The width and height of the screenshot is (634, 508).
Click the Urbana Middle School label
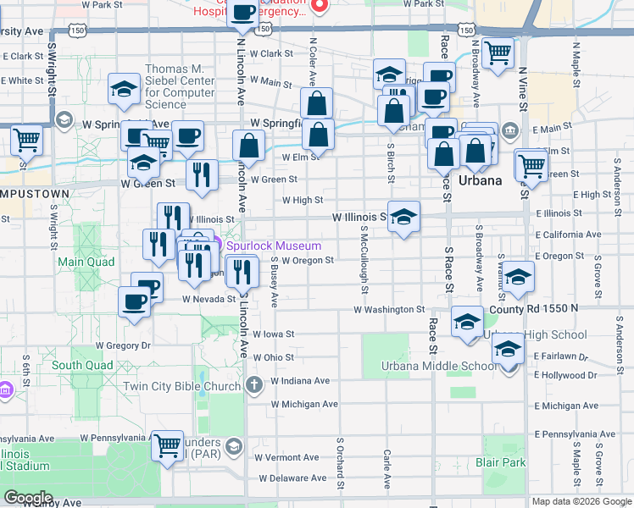(443, 366)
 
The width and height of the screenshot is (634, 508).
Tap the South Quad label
(81, 366)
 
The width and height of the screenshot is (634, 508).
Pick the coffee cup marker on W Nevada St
(133, 301)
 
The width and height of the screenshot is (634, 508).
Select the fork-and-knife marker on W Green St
(202, 174)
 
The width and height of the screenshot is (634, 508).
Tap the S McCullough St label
(364, 259)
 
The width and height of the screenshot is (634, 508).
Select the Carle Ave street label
(387, 469)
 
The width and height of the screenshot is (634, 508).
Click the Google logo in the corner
(28, 498)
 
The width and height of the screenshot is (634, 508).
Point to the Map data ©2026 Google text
(581, 501)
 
